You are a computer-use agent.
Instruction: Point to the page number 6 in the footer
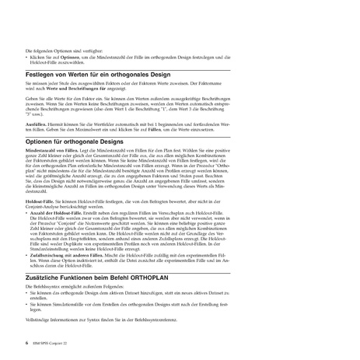click(27, 341)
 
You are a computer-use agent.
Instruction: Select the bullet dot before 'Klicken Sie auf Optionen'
click(27, 58)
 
